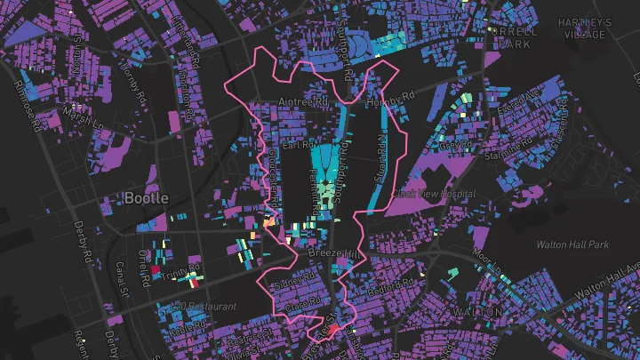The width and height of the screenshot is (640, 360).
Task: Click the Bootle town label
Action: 147,196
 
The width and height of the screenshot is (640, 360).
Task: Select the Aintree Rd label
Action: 304,103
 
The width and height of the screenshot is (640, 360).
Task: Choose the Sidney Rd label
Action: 294,283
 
